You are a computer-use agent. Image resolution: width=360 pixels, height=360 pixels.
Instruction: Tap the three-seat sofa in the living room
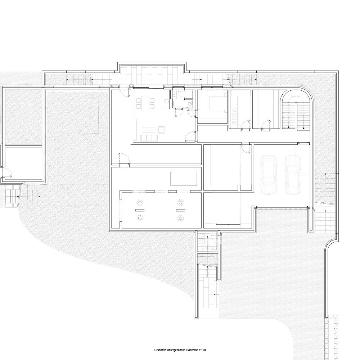coord(149,138)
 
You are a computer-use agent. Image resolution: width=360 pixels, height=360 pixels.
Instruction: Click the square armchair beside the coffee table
coord(162,130)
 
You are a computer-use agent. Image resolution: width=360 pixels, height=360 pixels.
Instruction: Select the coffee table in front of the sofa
coord(149,130)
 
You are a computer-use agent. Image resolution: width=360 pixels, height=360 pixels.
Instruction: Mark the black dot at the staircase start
coord(303,128)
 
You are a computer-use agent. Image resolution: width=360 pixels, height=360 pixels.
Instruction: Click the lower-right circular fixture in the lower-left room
coord(180,218)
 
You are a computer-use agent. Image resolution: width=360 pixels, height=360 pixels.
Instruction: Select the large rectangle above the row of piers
coord(184,179)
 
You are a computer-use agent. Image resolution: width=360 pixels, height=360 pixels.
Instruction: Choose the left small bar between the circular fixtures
coord(140,210)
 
